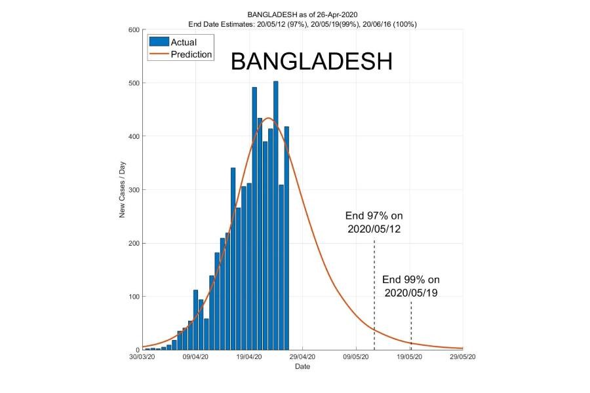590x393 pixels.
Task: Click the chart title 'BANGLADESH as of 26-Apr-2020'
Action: (x=303, y=14)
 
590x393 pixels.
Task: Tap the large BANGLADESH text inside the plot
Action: (x=311, y=62)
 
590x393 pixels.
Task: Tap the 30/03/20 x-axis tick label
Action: (x=142, y=358)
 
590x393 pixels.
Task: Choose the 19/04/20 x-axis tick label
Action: (x=249, y=358)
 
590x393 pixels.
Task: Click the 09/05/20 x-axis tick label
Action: (x=356, y=358)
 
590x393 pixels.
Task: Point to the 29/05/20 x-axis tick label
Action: (x=462, y=358)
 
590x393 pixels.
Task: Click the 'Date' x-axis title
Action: (x=302, y=367)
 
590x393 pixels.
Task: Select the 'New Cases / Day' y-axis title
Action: (x=122, y=190)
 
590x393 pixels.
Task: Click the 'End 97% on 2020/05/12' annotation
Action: (x=374, y=222)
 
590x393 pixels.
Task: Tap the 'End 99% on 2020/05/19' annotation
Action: (x=411, y=286)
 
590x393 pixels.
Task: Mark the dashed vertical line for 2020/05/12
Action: (x=374, y=295)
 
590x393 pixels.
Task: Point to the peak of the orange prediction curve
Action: (x=269, y=118)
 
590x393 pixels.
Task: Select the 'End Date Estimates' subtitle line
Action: (x=303, y=24)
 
